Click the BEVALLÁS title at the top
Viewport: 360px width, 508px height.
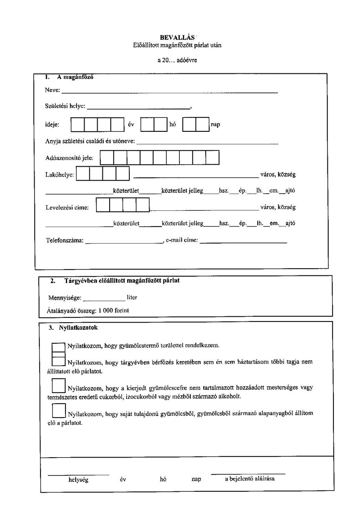[x=177, y=37]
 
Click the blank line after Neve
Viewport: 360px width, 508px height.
[x=169, y=92]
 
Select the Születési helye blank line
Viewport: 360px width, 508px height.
[x=139, y=108]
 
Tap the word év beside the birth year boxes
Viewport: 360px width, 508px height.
[x=131, y=125]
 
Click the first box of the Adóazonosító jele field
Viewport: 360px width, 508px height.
[x=107, y=158]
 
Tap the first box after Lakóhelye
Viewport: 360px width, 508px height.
[x=83, y=174]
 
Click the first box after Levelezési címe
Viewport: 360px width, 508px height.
[x=103, y=205]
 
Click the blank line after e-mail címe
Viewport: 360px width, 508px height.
[x=243, y=242]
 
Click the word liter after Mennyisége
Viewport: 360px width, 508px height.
[x=132, y=297]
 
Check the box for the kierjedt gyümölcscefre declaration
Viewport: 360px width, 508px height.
[x=59, y=385]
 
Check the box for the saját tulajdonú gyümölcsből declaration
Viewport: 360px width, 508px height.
[x=59, y=410]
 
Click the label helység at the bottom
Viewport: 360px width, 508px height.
[x=78, y=479]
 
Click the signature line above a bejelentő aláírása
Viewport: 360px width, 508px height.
[x=248, y=473]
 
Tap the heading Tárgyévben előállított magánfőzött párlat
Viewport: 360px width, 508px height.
[x=122, y=281]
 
